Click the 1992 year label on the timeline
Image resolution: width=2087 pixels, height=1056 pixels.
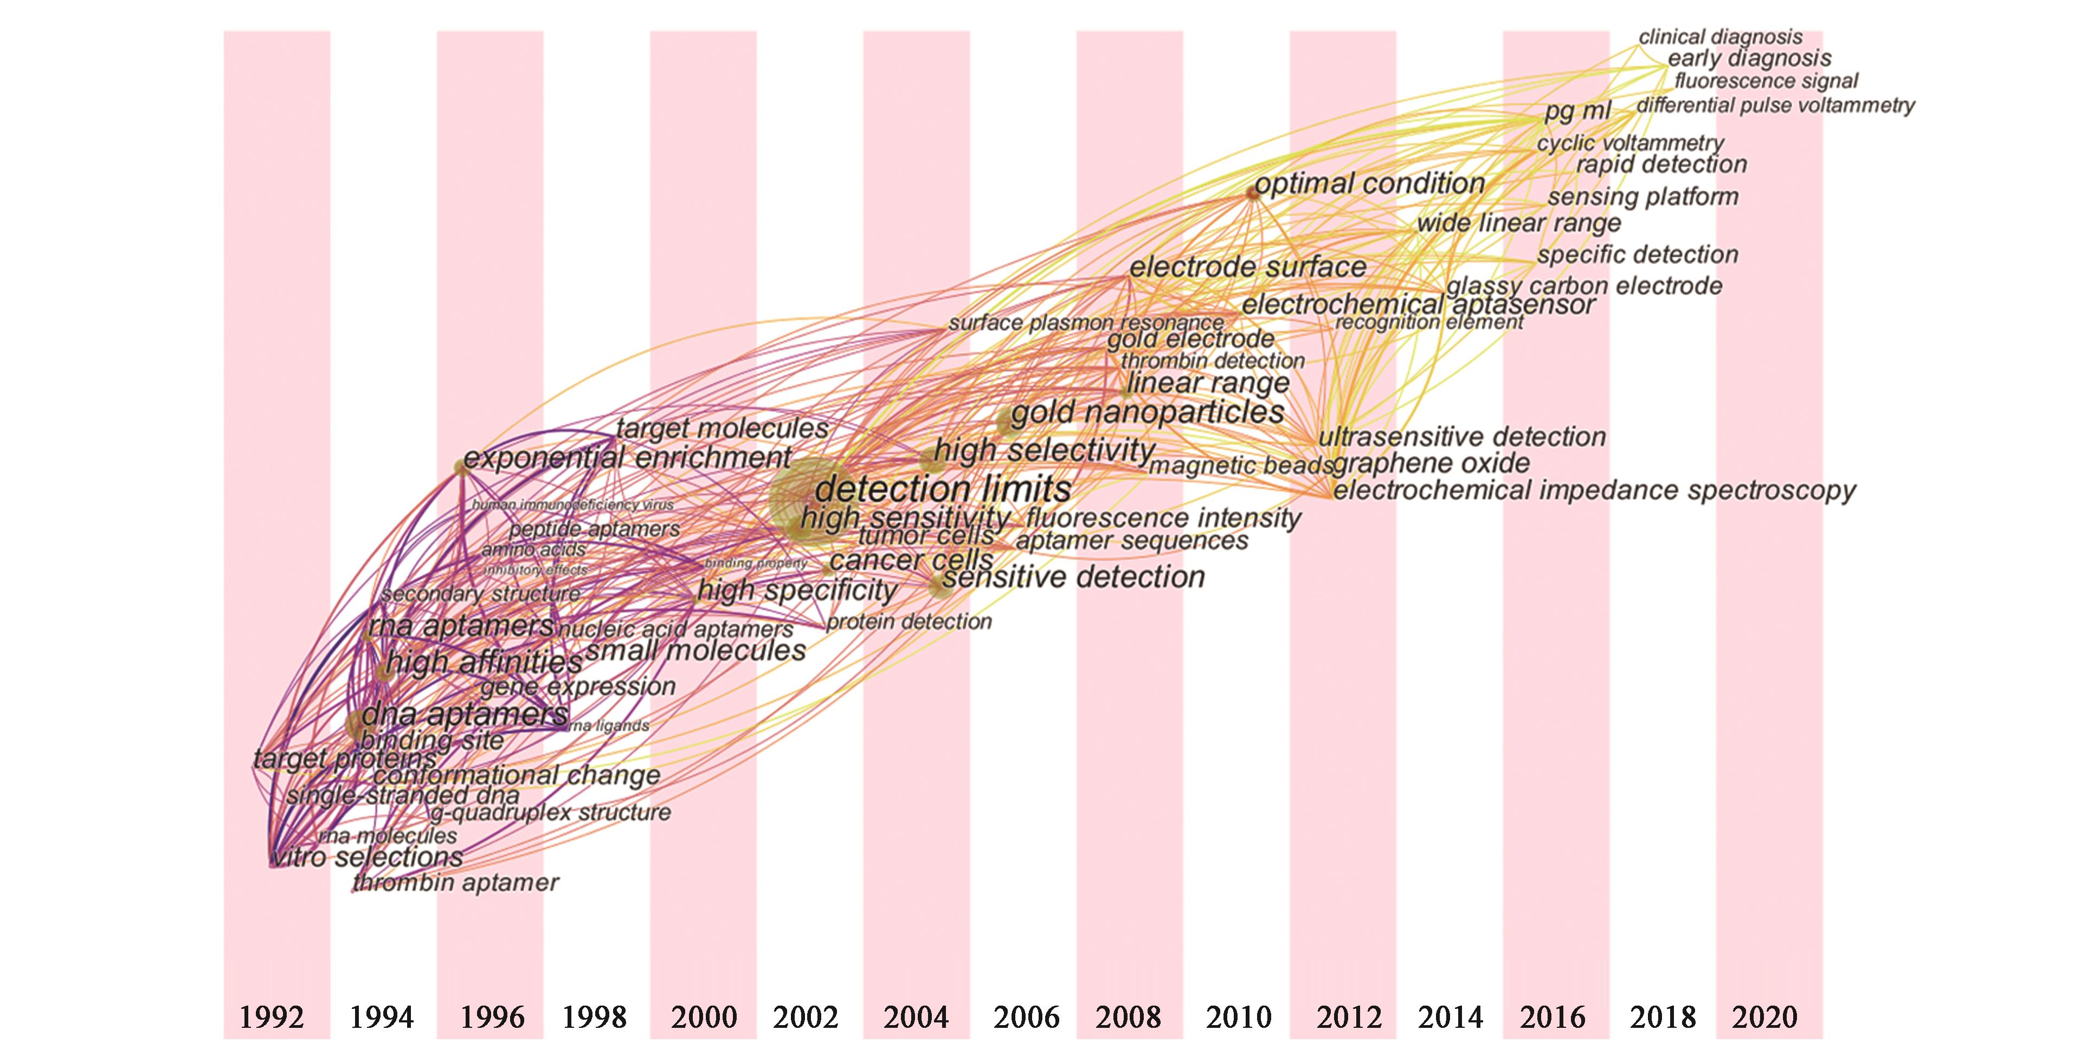(272, 1017)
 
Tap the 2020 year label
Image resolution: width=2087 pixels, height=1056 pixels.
(1764, 1017)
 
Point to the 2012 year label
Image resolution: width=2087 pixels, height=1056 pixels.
(1349, 1017)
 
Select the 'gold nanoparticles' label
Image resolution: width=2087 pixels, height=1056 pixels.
(1147, 413)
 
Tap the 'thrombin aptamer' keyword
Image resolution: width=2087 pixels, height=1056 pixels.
(456, 883)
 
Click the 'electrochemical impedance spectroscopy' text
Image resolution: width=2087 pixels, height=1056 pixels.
(1594, 491)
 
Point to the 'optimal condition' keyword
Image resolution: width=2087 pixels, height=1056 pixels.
(1370, 184)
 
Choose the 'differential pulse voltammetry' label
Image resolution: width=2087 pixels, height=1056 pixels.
(1776, 105)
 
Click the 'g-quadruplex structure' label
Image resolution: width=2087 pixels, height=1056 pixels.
(550, 812)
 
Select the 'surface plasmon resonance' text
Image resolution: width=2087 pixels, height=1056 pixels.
(1086, 323)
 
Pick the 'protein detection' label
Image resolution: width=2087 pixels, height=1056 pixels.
(909, 622)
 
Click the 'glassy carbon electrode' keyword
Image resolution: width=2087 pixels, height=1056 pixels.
(1584, 286)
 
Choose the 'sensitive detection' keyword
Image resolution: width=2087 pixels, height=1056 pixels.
(1073, 578)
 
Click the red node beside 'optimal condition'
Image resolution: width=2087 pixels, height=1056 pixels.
(1253, 193)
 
